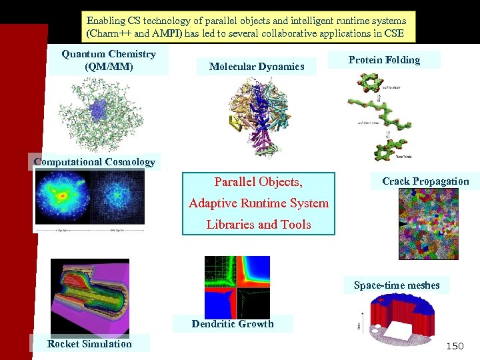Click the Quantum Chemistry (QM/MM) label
point(109,60)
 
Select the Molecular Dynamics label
point(257,66)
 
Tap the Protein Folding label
point(384,60)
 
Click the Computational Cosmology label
point(94,161)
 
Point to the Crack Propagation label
point(425,181)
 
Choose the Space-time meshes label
point(397,285)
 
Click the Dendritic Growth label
point(233,324)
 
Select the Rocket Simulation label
point(89,344)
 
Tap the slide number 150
point(454,345)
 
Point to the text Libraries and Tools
point(259,225)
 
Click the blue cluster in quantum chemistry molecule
point(99,109)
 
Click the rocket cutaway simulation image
point(90,297)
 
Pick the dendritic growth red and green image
point(237,287)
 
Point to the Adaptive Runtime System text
point(259,203)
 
